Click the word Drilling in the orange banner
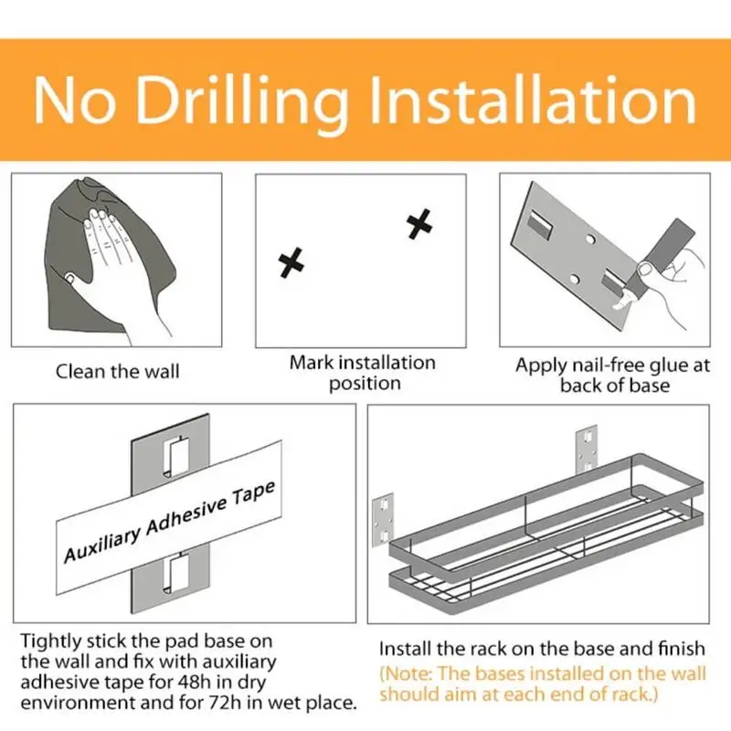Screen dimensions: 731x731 241,103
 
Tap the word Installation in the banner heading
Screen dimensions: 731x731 533,101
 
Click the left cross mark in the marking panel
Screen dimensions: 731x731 291,262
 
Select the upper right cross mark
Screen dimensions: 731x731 419,224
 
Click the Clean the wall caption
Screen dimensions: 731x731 118,372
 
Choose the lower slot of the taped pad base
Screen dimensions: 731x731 176,574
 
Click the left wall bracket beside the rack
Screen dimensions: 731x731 383,520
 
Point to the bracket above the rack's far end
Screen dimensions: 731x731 587,449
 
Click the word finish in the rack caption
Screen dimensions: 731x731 682,649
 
